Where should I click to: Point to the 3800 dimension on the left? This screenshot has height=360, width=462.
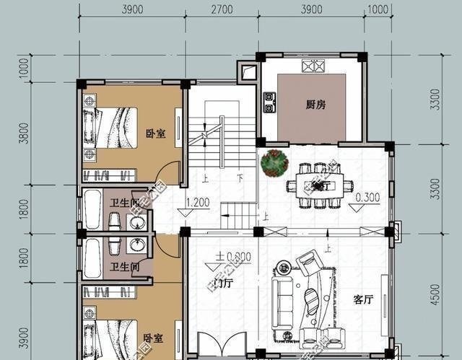[24, 133]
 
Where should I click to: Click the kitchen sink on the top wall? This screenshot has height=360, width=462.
[313, 66]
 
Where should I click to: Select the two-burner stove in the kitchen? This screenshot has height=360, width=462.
[269, 102]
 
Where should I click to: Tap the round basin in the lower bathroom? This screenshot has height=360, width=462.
[136, 247]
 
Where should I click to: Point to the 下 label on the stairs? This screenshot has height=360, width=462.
[239, 177]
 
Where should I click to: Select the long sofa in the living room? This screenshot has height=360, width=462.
[279, 302]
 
